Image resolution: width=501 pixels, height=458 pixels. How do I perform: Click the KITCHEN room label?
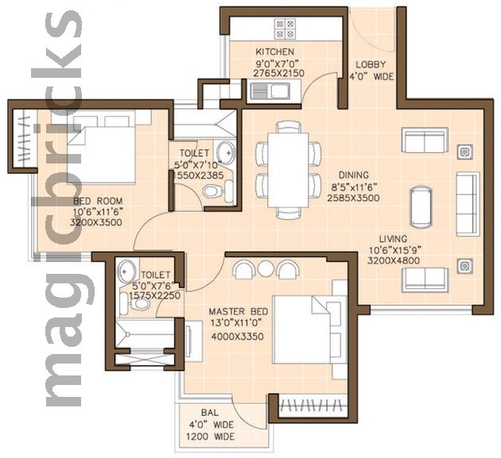click(275, 52)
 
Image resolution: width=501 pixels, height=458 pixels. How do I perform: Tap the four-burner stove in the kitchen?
click(285, 29)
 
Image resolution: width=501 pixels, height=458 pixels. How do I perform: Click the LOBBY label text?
click(371, 65)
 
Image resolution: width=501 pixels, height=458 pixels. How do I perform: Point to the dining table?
click(288, 170)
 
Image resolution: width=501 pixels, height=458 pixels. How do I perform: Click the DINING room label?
click(353, 175)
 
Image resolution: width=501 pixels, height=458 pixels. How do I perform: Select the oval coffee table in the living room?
click(422, 207)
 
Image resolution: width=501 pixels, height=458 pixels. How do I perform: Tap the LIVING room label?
click(393, 239)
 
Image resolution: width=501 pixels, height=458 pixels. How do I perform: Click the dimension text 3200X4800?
click(394, 260)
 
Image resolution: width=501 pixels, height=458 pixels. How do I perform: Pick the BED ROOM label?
click(98, 202)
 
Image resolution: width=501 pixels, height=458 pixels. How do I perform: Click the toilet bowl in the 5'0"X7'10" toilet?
click(211, 191)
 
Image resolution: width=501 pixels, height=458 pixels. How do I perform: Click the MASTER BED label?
click(239, 312)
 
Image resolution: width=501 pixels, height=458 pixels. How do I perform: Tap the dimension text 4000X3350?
click(238, 337)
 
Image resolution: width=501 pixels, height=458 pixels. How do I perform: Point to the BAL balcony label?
click(210, 413)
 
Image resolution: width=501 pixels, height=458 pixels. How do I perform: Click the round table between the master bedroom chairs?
click(266, 268)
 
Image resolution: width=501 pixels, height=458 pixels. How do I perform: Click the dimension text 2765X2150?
click(278, 73)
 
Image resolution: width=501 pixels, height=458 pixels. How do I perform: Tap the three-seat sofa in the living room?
click(468, 204)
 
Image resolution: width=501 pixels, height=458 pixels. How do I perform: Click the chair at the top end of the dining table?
click(288, 127)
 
